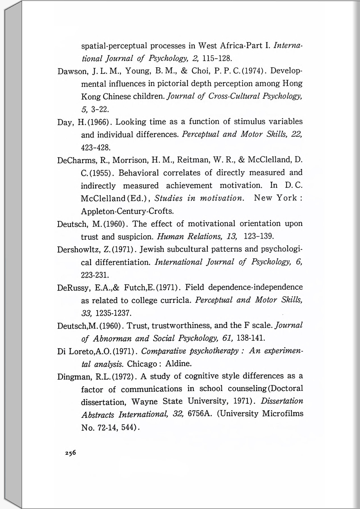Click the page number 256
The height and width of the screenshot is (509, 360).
pyautogui.click(x=70, y=453)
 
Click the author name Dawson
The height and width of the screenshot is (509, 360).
pyautogui.click(x=71, y=71)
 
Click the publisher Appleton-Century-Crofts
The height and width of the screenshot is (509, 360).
pyautogui.click(x=127, y=211)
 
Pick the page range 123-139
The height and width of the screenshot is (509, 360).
pyautogui.click(x=259, y=236)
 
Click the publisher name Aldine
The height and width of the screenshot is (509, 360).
pyautogui.click(x=178, y=364)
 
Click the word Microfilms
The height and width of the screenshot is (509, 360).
pyautogui.click(x=283, y=414)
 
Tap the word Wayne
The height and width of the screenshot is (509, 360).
pyautogui.click(x=144, y=401)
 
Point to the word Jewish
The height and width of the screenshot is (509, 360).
pyautogui.click(x=152, y=249)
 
